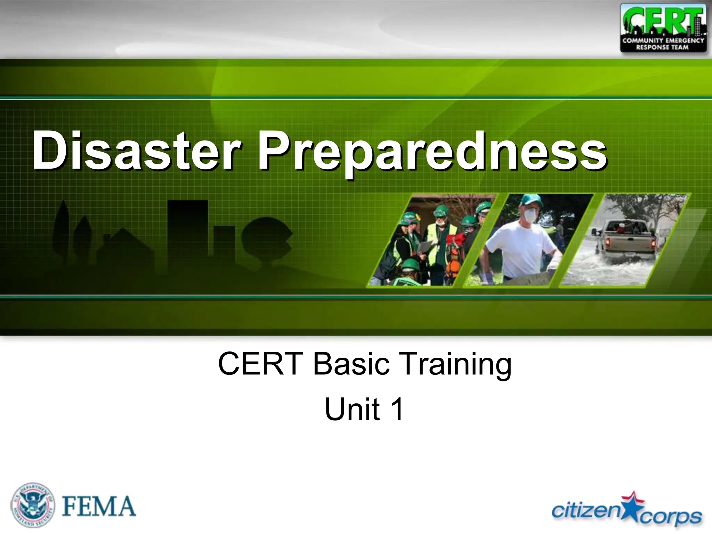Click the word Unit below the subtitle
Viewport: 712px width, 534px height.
352,409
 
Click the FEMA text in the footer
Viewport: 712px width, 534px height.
99,507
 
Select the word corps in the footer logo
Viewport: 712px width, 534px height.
671,517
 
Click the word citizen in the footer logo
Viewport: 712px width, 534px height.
587,510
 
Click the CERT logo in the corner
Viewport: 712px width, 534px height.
663,28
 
